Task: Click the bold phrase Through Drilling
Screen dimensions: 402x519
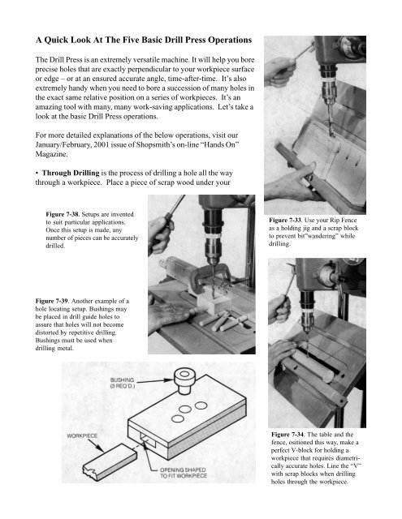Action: click(x=71, y=173)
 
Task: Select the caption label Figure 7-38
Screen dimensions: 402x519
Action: click(x=63, y=214)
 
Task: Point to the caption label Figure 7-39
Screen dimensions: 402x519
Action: click(x=52, y=301)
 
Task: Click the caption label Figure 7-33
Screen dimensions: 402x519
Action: click(x=285, y=220)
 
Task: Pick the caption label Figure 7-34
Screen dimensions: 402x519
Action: click(x=287, y=435)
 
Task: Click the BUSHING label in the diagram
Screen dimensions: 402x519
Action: click(x=123, y=380)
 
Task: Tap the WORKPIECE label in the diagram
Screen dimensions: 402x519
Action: click(x=82, y=436)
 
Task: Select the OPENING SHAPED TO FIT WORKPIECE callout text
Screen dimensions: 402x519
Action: click(x=184, y=473)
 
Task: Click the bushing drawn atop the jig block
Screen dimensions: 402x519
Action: click(x=184, y=381)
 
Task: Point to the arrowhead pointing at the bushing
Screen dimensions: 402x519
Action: click(x=170, y=380)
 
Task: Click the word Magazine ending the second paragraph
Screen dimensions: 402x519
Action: click(x=51, y=154)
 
